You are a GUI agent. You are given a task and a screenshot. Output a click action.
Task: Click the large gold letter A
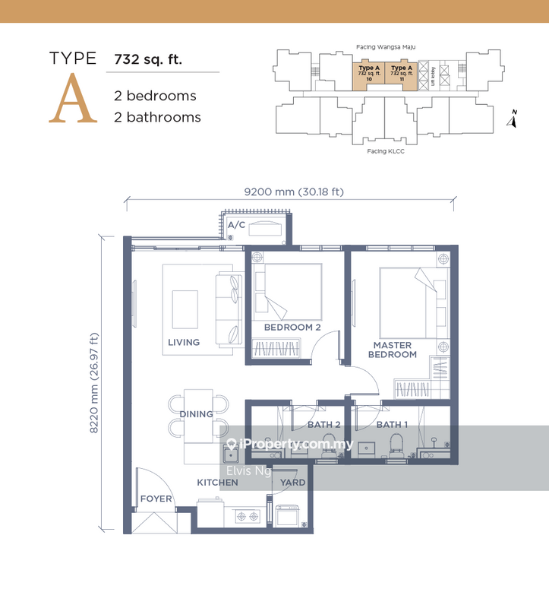[x=73, y=99]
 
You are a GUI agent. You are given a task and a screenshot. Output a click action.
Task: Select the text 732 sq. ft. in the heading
[x=148, y=59]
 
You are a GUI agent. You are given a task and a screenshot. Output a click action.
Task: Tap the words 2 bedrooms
[x=155, y=96]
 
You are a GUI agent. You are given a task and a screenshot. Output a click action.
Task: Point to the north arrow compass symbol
[x=513, y=119]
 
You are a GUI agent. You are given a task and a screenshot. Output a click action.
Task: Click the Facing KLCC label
[x=385, y=151]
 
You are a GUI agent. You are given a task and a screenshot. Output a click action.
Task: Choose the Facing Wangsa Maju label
[x=385, y=47]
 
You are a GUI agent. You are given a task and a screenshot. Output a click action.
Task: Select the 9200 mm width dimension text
[x=293, y=192]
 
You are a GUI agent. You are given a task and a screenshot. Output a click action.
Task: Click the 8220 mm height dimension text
[x=95, y=383]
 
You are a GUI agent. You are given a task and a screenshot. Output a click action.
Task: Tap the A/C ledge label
[x=236, y=226]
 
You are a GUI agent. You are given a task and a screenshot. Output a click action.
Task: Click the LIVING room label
[x=184, y=343]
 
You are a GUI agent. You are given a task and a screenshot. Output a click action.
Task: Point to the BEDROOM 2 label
[x=292, y=328]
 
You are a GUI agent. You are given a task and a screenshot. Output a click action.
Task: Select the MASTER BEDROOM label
[x=393, y=350]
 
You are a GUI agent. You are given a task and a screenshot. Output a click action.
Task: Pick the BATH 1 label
[x=392, y=425]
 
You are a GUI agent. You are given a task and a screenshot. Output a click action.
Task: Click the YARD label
[x=292, y=483]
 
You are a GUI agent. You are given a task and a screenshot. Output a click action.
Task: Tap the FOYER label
[x=156, y=499]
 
